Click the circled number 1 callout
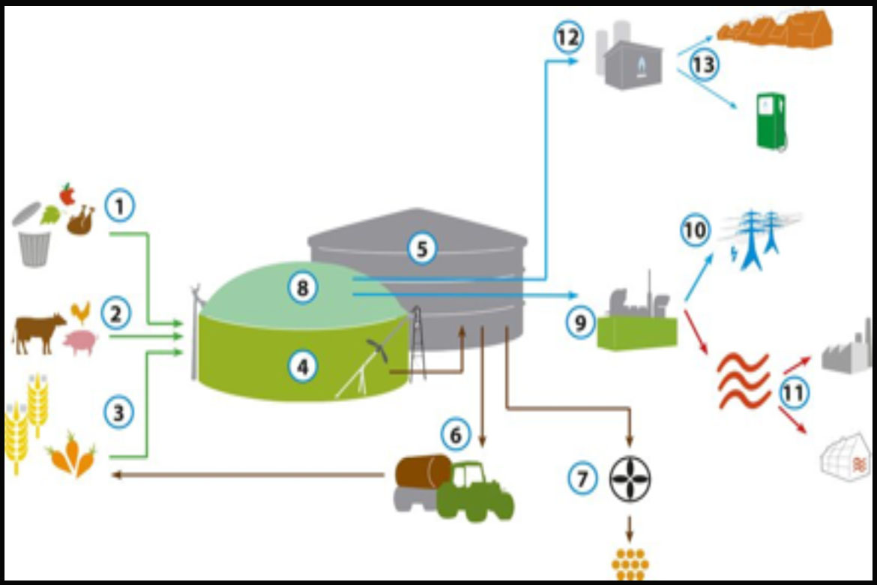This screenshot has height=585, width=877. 119,205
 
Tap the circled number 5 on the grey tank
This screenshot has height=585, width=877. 422,249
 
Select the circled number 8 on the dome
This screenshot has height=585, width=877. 303,289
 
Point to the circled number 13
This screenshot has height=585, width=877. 704,64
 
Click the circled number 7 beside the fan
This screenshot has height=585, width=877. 582,478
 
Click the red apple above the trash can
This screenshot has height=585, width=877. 67,194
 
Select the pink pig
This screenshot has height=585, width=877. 80,342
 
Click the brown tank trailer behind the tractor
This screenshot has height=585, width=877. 424,472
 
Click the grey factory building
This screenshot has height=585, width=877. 848,349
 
